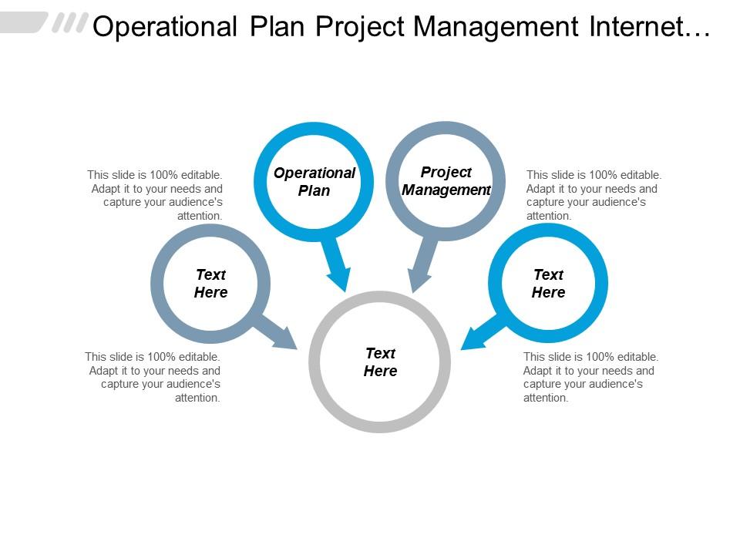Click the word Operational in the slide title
[165, 27]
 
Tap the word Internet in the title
[637, 26]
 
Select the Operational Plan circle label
[314, 182]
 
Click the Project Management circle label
[446, 180]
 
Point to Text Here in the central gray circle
[380, 362]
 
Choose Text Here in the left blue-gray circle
[211, 283]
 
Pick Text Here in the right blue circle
[548, 283]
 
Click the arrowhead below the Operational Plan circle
[340, 279]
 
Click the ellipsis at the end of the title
[698, 34]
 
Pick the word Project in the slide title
[360, 28]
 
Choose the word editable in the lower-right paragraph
[637, 357]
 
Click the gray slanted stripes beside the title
[70, 22]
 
